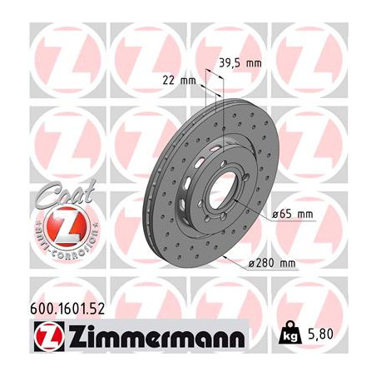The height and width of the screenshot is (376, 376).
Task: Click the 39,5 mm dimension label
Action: coord(240,63)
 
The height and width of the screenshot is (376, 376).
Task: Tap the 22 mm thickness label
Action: coord(179,81)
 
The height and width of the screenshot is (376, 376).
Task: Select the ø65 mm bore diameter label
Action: coord(292,215)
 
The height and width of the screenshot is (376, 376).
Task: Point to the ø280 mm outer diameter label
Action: coord(272,263)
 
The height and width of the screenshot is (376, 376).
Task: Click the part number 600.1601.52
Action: coord(67,309)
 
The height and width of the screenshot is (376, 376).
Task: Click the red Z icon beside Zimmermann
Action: coord(49,337)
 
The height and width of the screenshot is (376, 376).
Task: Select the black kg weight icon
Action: coord(290,333)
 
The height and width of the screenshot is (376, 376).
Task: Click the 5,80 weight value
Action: coord(320,334)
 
